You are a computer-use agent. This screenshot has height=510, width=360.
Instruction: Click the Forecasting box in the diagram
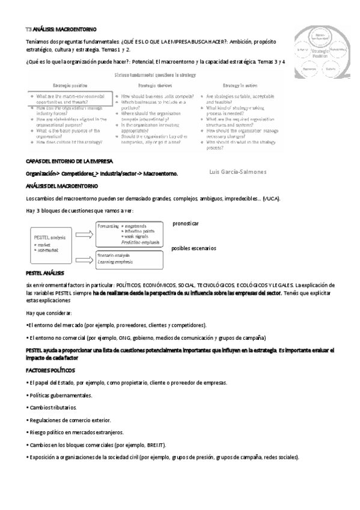[x=129, y=233]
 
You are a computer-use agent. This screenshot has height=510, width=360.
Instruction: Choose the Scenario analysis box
[x=129, y=259]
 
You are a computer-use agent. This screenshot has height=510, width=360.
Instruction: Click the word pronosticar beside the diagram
[x=185, y=223]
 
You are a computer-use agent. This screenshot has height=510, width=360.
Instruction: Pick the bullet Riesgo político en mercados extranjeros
[x=75, y=432]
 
